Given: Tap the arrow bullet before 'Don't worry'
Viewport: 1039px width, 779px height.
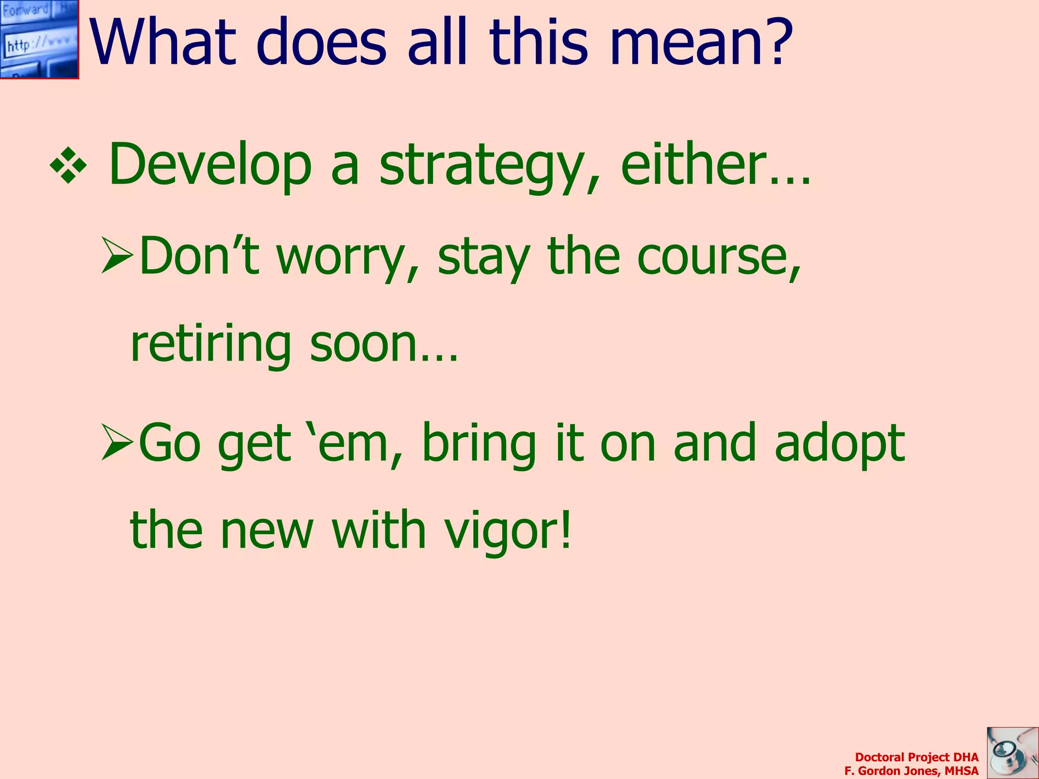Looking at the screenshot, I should pyautogui.click(x=117, y=255).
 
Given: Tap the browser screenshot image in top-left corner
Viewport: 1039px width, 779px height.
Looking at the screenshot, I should pyautogui.click(x=39, y=39).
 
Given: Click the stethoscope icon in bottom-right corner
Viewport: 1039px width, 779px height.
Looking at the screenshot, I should pyautogui.click(x=1012, y=753).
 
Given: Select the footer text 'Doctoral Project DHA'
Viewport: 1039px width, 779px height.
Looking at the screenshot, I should pyautogui.click(x=916, y=757).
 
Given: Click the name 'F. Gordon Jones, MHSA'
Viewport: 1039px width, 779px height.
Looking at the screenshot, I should pyautogui.click(x=911, y=771).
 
